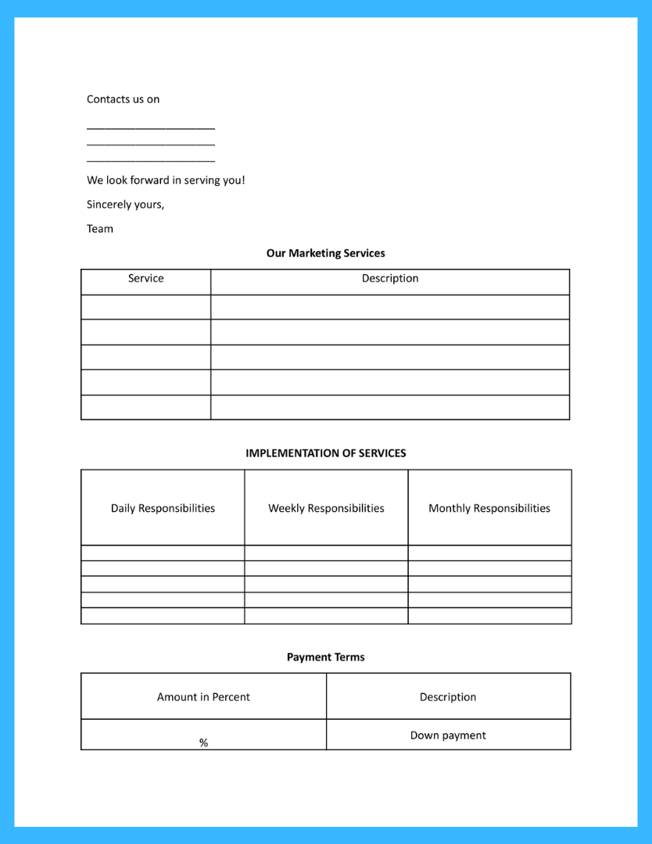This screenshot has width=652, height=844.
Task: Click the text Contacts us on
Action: [123, 99]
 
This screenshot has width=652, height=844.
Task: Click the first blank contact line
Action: [150, 127]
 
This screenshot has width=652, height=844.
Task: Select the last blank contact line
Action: [150, 160]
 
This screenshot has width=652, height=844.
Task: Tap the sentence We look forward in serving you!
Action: [166, 181]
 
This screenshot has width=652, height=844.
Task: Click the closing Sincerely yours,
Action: [125, 205]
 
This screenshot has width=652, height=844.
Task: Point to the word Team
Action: [100, 229]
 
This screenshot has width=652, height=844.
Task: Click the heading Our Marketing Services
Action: [325, 253]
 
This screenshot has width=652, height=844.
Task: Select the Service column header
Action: [145, 279]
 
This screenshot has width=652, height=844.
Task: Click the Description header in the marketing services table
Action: [389, 279]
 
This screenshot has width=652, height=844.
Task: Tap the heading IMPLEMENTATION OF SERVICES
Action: [325, 453]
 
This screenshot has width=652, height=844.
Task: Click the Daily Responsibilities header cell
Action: [163, 508]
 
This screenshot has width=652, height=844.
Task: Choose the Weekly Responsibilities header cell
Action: [326, 508]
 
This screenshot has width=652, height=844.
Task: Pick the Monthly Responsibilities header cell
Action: [489, 508]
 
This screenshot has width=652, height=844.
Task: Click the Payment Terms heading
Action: [325, 657]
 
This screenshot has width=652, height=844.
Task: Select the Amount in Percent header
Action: [203, 697]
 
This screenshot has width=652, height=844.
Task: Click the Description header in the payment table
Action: [447, 697]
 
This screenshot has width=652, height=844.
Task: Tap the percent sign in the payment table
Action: [203, 743]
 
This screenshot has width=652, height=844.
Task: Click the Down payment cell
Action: [447, 735]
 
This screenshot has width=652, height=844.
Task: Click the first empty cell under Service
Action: [145, 307]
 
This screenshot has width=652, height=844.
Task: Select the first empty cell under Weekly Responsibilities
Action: [326, 553]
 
